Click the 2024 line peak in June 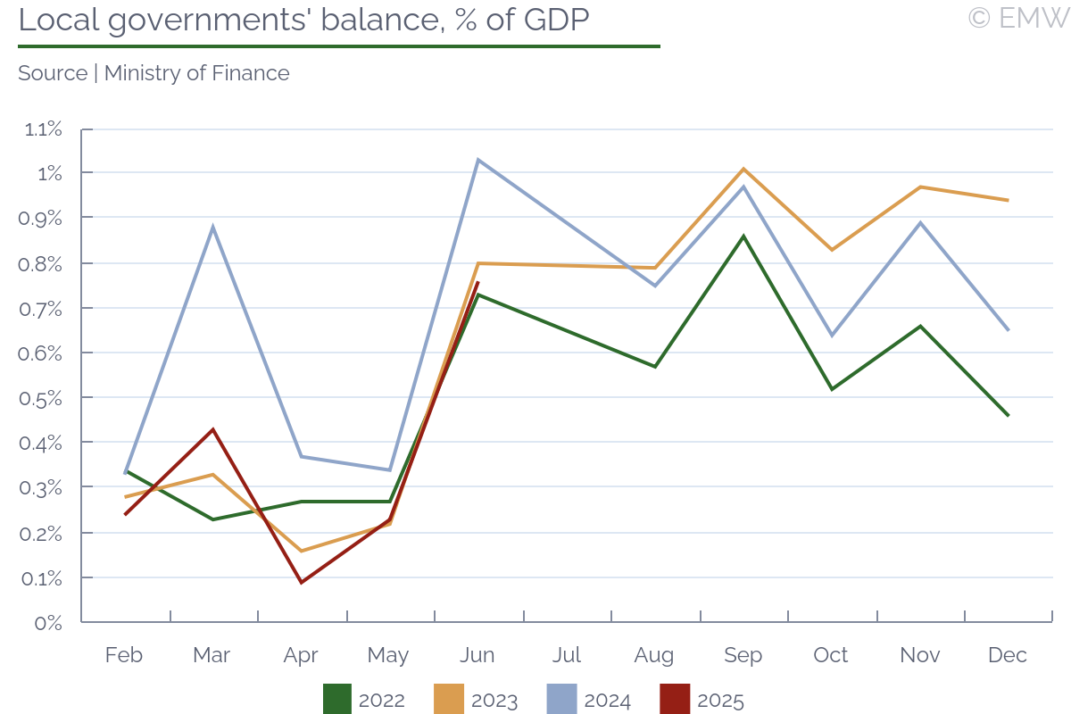478,160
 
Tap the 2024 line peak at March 212,227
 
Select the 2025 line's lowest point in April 301,583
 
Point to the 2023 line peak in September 743,169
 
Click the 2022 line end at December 1009,416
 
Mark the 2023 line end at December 1009,200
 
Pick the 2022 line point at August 655,367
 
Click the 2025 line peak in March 212,429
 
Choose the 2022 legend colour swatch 337,700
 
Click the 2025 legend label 720,701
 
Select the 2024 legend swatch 562,700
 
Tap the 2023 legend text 494,701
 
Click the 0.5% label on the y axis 43,398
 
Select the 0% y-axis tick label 48,622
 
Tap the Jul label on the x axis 567,655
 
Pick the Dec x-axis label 1008,655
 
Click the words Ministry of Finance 197,73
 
